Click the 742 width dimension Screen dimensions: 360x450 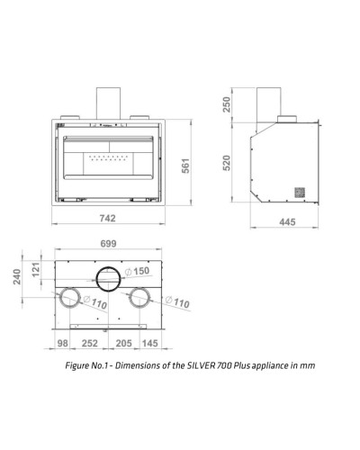click(107, 218)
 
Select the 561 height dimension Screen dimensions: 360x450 click(186, 166)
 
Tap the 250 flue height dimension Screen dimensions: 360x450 click(227, 104)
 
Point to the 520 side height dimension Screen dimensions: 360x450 click(227, 163)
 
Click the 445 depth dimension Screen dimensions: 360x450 click(287, 222)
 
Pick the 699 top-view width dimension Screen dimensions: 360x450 click(108, 244)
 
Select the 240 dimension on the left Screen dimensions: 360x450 click(17, 276)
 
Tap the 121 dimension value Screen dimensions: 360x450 click(36, 270)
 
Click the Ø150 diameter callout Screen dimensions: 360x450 click(137, 271)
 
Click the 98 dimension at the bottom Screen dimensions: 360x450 click(62, 343)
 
